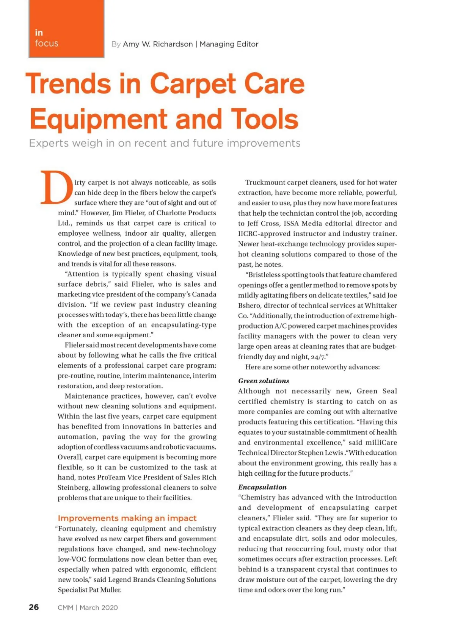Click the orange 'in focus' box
coord(66,29)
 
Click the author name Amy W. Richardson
coord(158,44)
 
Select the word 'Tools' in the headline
coord(265,119)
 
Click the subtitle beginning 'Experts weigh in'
coord(165,143)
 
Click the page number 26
coord(34,607)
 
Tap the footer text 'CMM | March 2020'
coord(88,608)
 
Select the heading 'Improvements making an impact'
coord(127,518)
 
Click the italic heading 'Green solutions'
coord(264,381)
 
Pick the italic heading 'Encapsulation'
coord(262,487)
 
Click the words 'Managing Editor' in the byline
coord(229,44)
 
